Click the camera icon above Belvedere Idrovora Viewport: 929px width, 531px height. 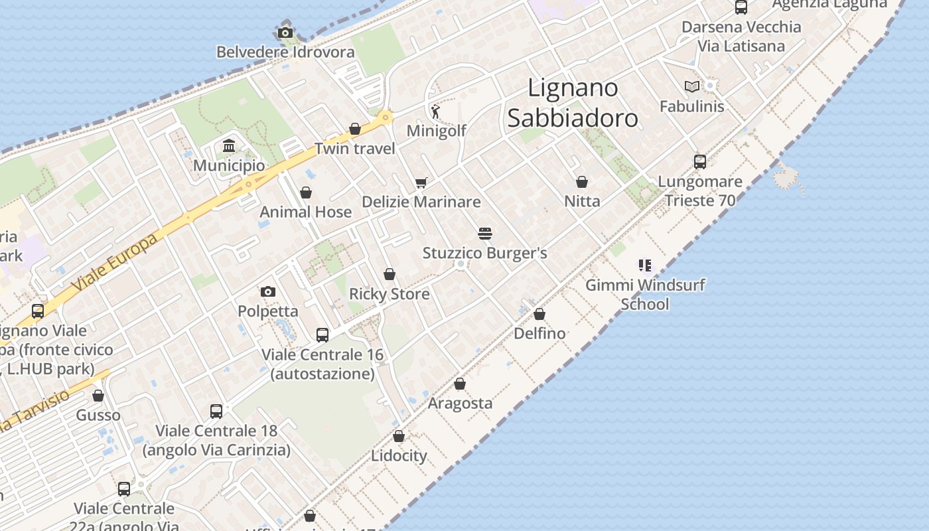pyautogui.click(x=285, y=33)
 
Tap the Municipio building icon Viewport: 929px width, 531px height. pyautogui.click(x=229, y=145)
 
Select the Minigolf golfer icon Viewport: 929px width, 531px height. pyautogui.click(x=435, y=111)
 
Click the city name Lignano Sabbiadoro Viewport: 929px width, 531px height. pyautogui.click(x=572, y=102)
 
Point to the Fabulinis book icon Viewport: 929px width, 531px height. pyautogui.click(x=692, y=86)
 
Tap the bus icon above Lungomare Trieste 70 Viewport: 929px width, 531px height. pyautogui.click(x=700, y=161)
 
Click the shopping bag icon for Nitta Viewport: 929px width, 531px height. pyautogui.click(x=582, y=182)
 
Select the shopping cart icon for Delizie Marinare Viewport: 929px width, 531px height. pyautogui.click(x=421, y=182)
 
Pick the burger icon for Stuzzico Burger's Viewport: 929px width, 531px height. pyautogui.click(x=485, y=234)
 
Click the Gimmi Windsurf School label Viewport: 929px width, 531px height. pyautogui.click(x=645, y=294)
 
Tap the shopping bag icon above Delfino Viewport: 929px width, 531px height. pyautogui.click(x=539, y=314)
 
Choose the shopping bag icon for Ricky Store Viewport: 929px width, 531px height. pyautogui.click(x=390, y=274)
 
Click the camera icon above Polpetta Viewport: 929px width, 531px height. pyautogui.click(x=268, y=291)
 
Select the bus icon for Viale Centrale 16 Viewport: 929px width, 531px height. pyautogui.click(x=322, y=335)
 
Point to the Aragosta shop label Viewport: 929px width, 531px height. pyautogui.click(x=460, y=403)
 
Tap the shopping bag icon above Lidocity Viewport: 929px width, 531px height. pyautogui.click(x=399, y=436)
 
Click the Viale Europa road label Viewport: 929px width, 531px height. pyautogui.click(x=115, y=262)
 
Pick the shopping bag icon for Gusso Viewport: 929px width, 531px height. pyautogui.click(x=98, y=396)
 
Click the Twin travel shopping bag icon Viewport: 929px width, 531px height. pyautogui.click(x=355, y=129)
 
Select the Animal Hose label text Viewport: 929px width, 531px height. pyautogui.click(x=305, y=212)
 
